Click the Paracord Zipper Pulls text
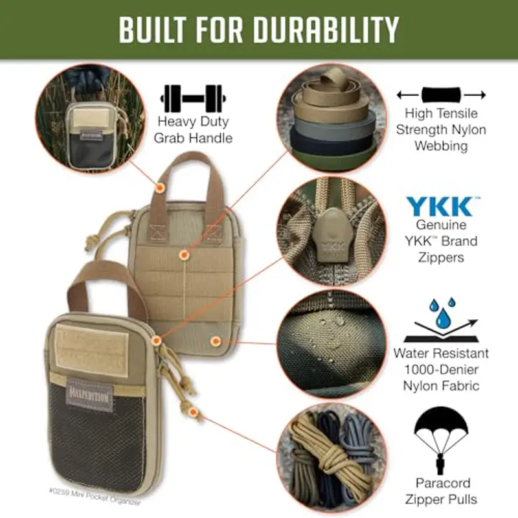(442, 491)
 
